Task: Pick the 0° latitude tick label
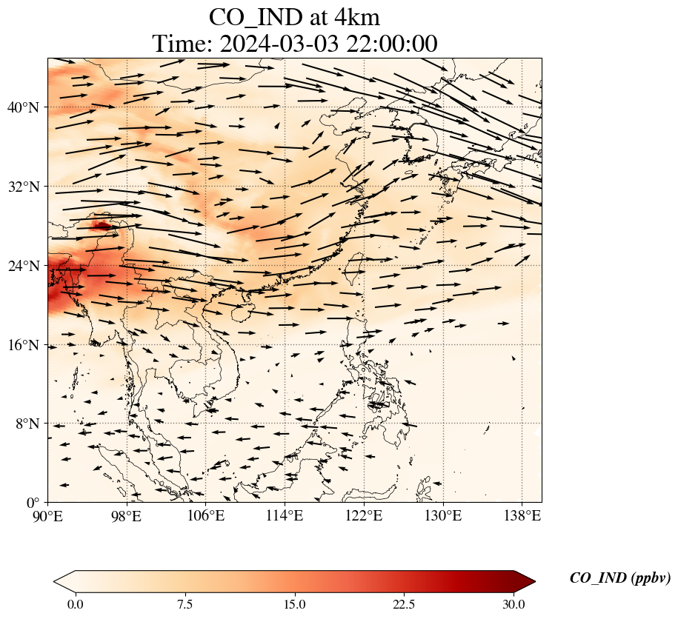[x=34, y=503]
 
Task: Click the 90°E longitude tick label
[x=48, y=515]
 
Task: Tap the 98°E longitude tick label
[x=127, y=515]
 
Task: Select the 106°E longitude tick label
[x=206, y=515]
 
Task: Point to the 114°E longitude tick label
[x=285, y=515]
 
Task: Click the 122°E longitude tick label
[x=364, y=515]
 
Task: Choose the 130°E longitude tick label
[x=443, y=515]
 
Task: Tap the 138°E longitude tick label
[x=522, y=515]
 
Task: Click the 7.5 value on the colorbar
[x=185, y=604]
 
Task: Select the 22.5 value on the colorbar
[x=404, y=604]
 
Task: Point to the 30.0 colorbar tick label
[x=514, y=604]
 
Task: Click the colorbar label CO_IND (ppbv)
[x=619, y=579]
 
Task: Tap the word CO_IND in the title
[x=252, y=18]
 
